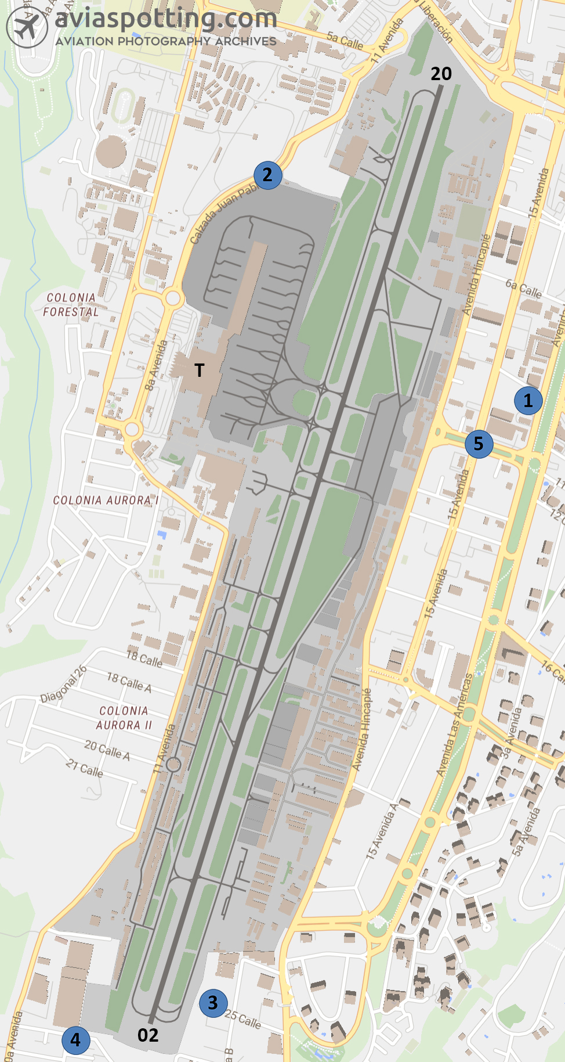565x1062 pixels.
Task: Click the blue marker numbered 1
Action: (x=528, y=400)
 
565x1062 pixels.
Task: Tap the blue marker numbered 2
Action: (x=267, y=175)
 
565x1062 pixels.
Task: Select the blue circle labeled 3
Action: (x=213, y=1002)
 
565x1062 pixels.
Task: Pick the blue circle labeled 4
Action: (x=76, y=1040)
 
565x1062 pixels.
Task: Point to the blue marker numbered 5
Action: (x=479, y=444)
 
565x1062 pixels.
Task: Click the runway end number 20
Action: (x=441, y=74)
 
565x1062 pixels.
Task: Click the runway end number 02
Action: (x=148, y=1035)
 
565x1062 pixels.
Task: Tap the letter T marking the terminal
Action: (x=200, y=370)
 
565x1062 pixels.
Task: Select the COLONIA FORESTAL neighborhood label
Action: (x=71, y=304)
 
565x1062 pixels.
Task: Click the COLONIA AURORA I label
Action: (x=105, y=500)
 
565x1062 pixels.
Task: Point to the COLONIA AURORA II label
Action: (x=124, y=718)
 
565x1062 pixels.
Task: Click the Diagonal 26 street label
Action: (x=64, y=684)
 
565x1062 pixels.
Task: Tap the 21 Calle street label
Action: (x=85, y=769)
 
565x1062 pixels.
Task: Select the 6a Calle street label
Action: (x=523, y=288)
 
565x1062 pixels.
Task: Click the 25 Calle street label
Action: (x=243, y=1019)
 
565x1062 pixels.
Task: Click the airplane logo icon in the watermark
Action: (x=27, y=27)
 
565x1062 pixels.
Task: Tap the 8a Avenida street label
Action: (x=156, y=365)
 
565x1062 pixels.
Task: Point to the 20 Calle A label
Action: (x=107, y=750)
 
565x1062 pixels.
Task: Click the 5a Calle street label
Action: (x=345, y=41)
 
